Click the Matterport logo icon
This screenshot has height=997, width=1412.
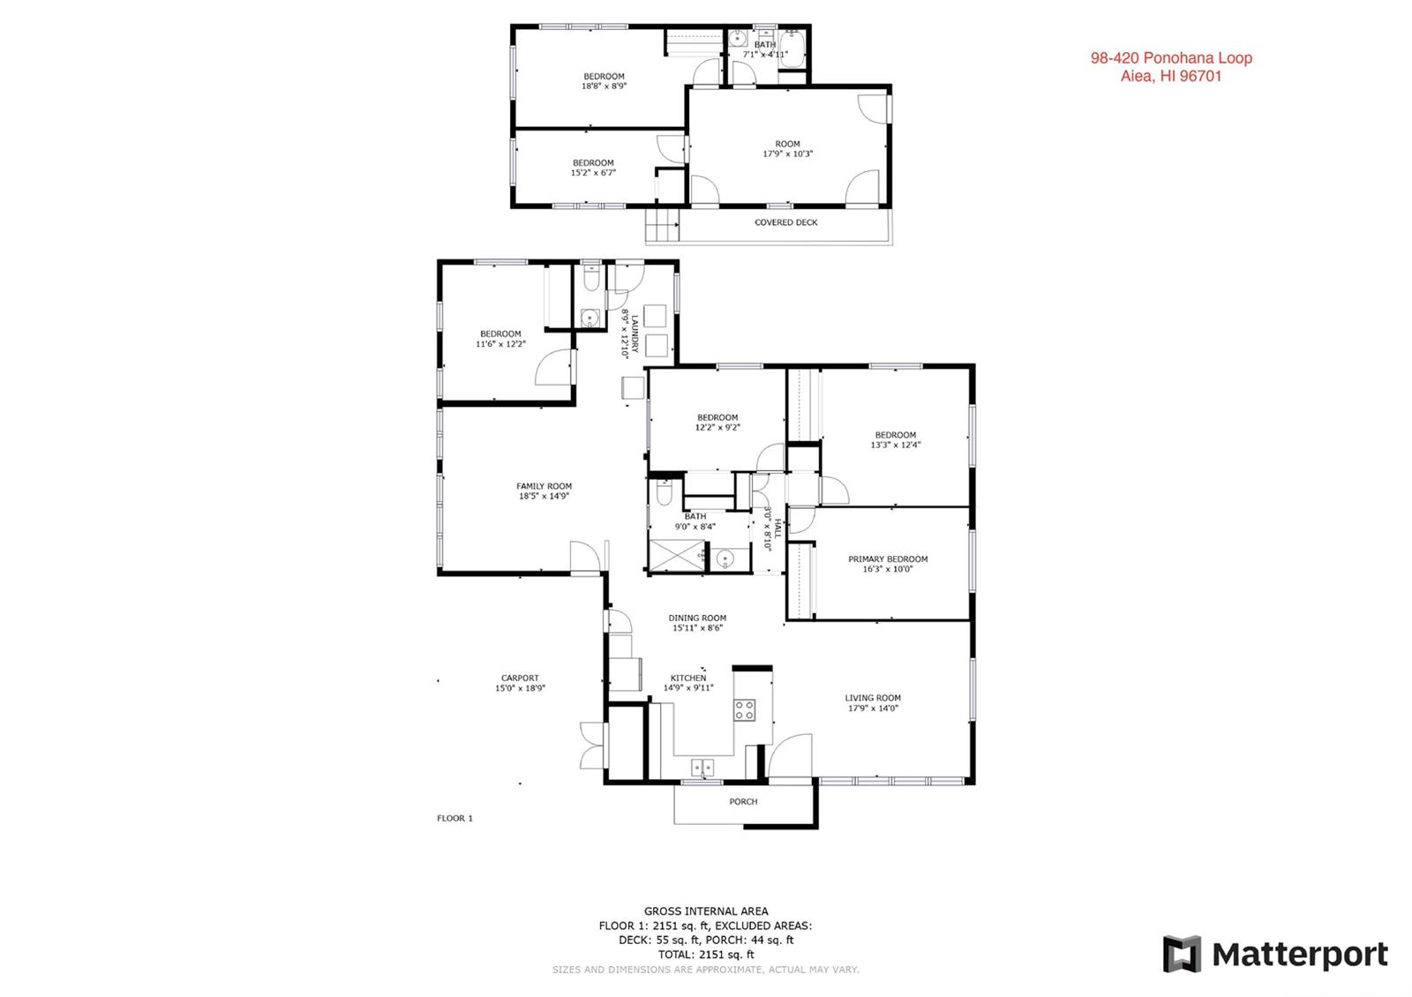point(1182,954)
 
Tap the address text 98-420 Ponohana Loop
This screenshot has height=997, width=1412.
point(1171,58)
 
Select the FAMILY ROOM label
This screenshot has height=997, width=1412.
point(544,486)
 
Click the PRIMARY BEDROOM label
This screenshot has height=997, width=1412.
point(888,559)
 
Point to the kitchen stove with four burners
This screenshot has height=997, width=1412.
point(745,709)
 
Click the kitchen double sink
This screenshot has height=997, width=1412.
point(702,767)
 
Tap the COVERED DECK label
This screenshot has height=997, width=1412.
point(786,222)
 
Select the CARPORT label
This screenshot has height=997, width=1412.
point(520,678)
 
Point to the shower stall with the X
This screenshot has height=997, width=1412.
point(677,556)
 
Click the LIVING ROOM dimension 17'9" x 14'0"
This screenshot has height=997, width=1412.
point(873,708)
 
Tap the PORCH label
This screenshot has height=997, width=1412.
point(743,802)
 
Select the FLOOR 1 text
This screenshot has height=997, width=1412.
point(454,818)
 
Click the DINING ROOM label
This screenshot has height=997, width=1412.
point(697,618)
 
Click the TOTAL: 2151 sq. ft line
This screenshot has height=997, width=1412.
point(706,955)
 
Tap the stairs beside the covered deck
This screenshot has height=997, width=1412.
point(662,225)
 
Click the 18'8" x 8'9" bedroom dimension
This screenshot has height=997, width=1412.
point(604,86)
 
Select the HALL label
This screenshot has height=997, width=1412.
point(777,528)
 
